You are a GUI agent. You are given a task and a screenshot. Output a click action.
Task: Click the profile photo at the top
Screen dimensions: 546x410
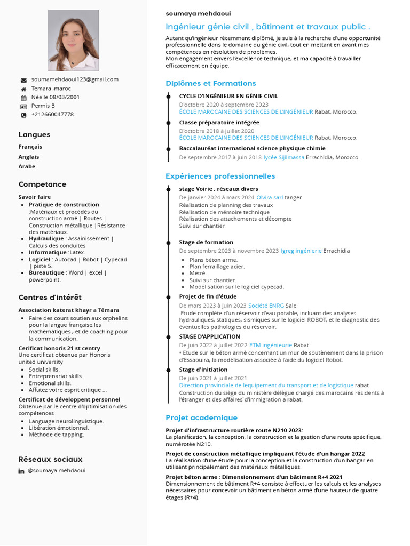point(73,40)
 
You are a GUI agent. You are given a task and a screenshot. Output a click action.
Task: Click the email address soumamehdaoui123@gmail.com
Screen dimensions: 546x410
point(75,79)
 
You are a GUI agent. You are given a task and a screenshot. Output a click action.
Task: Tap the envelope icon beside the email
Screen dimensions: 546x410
point(23,80)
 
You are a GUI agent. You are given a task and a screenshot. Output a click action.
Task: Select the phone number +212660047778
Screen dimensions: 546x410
point(53,114)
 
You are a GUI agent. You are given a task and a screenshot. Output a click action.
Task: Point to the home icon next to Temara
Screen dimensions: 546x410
point(23,89)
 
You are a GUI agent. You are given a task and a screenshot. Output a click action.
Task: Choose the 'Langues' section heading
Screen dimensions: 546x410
point(34,135)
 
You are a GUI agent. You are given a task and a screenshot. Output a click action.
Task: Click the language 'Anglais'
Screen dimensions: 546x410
point(29,157)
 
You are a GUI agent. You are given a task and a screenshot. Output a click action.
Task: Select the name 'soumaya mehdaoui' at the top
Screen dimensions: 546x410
point(198,13)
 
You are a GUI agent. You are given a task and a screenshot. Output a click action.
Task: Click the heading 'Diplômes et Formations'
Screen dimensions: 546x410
point(210,83)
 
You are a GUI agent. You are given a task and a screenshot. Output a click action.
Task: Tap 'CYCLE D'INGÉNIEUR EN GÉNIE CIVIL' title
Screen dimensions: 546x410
point(228,96)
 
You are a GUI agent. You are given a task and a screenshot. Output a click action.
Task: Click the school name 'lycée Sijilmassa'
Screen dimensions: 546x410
point(284,157)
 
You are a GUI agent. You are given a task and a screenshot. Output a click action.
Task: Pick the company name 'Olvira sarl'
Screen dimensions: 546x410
point(270,197)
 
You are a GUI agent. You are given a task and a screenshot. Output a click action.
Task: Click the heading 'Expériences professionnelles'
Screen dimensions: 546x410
point(220,176)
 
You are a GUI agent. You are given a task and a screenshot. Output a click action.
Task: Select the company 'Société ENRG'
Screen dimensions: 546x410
point(266,306)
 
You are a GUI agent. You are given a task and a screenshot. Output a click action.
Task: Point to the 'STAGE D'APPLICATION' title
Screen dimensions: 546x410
point(209,336)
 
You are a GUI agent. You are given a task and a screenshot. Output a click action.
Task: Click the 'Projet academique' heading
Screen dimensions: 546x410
point(201,417)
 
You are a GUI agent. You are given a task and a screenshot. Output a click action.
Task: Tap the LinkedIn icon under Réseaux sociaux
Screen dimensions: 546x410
point(21,471)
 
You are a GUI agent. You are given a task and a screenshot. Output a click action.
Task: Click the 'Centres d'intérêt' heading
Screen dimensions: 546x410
point(50,298)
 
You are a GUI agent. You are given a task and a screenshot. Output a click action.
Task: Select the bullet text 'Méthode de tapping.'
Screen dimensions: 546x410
point(57,435)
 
